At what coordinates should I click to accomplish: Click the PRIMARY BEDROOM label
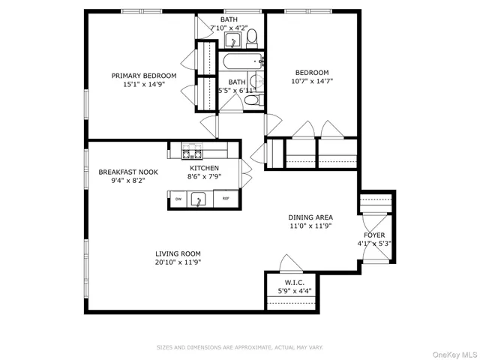click(144, 75)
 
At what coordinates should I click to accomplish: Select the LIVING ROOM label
click(178, 253)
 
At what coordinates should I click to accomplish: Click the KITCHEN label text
click(203, 168)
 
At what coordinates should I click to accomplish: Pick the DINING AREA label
click(310, 216)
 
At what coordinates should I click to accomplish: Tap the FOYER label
click(374, 235)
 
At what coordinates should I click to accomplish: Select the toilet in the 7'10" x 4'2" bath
click(251, 37)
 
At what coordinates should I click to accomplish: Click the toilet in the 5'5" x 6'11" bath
click(254, 99)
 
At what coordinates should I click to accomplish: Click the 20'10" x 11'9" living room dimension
click(178, 262)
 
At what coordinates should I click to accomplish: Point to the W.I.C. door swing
click(288, 263)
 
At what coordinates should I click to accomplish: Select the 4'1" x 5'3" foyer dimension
click(374, 244)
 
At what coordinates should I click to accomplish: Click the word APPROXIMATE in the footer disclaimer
click(249, 347)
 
